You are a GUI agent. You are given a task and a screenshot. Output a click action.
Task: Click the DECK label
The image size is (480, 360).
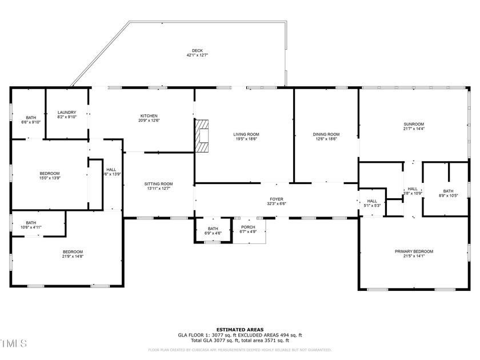[x=197, y=51]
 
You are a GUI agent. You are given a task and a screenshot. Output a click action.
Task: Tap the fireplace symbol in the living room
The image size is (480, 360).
[x=202, y=137]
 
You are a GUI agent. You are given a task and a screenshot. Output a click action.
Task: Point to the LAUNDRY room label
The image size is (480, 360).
[x=67, y=113]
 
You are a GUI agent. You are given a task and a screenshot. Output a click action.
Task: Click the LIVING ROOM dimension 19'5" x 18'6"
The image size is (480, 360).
[x=245, y=139]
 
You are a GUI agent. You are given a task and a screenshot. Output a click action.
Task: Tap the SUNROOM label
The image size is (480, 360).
[x=413, y=124]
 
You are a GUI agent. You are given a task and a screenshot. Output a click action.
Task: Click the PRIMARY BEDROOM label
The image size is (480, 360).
[x=414, y=251]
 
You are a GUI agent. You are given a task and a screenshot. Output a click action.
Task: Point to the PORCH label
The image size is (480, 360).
[x=248, y=227]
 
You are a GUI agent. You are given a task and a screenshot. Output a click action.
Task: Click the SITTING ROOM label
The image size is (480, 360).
[x=158, y=183]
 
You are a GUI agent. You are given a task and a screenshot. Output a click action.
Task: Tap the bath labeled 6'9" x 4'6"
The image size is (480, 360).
[x=213, y=231]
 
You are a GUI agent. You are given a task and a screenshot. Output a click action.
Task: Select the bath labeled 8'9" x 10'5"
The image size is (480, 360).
[x=448, y=191]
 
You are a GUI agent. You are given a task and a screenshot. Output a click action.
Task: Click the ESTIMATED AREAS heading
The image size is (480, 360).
[x=239, y=330]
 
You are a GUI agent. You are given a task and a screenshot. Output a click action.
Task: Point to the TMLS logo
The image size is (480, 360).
[x=14, y=343]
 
